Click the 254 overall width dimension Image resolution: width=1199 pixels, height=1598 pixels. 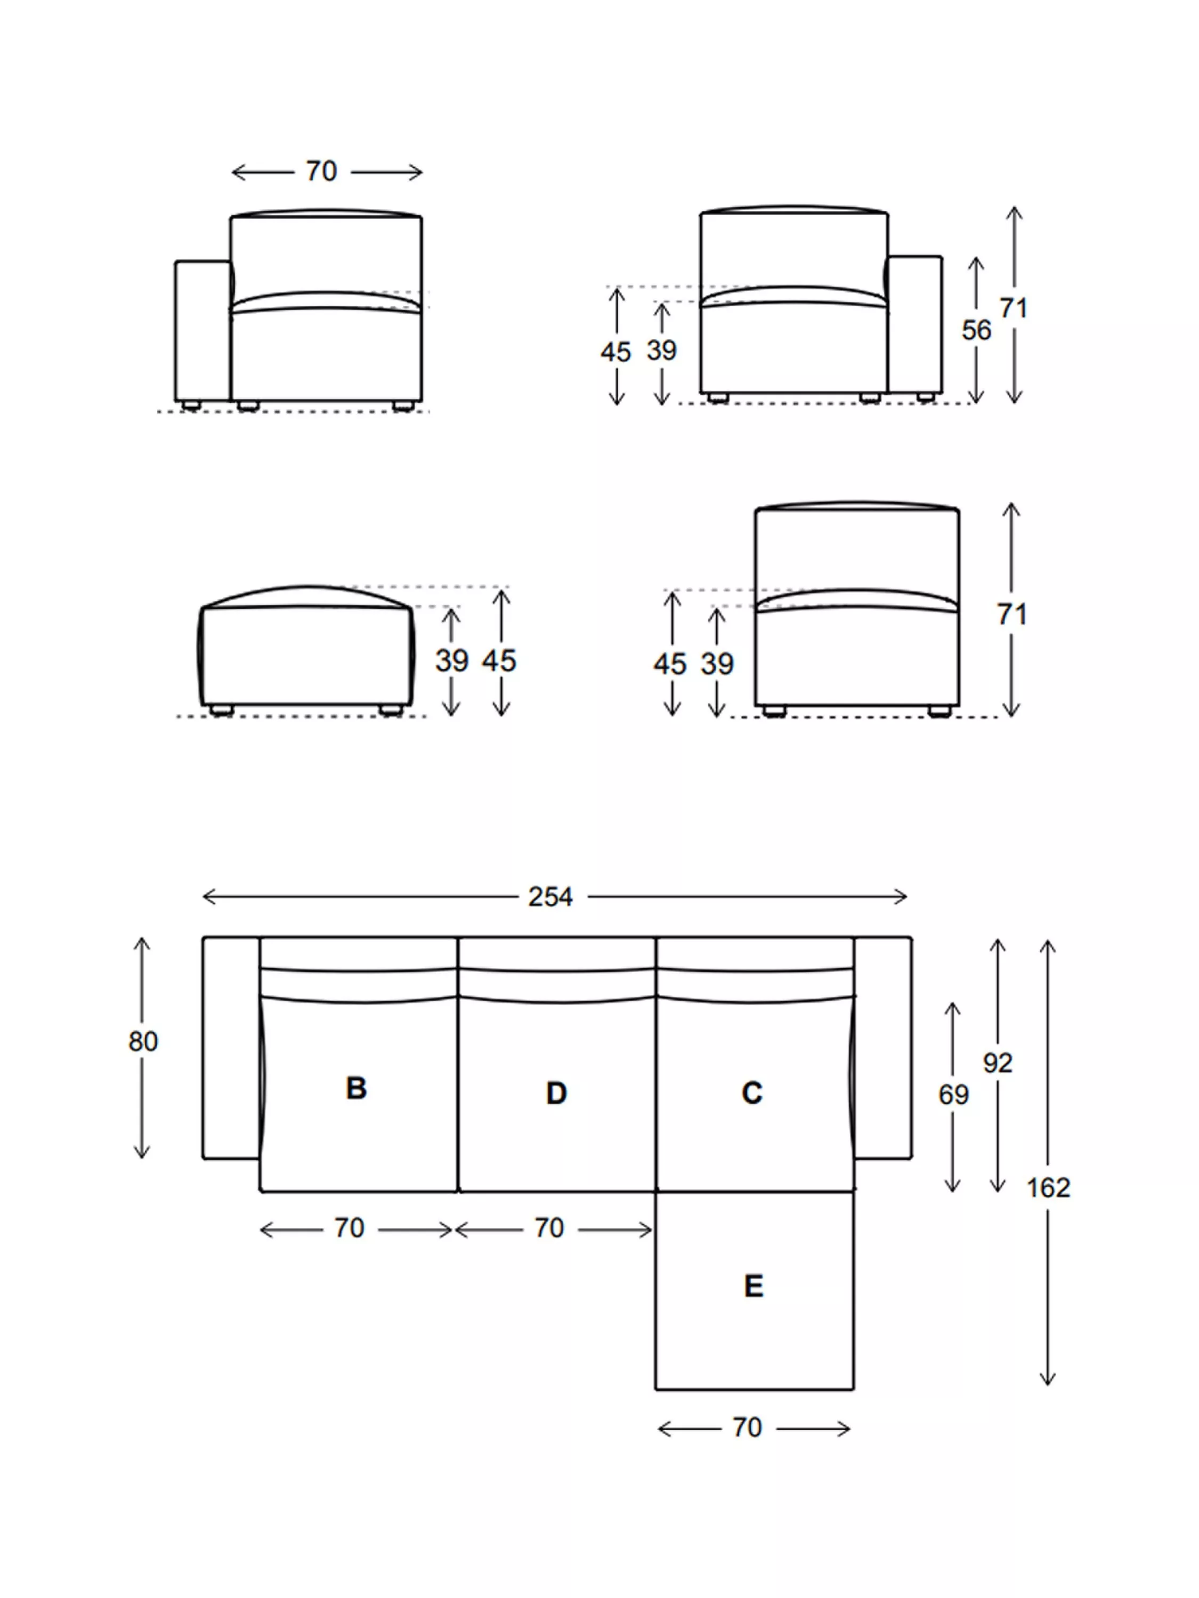coord(550,897)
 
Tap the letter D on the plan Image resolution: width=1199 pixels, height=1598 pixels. coord(556,1093)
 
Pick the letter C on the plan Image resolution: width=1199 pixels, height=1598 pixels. coord(751,1092)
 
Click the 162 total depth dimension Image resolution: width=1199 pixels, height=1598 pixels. coord(1048,1188)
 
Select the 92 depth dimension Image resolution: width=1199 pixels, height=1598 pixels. coord(998,1063)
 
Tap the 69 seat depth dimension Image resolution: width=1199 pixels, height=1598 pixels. coord(953,1095)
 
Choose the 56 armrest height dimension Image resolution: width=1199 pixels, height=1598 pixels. coord(976,330)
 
